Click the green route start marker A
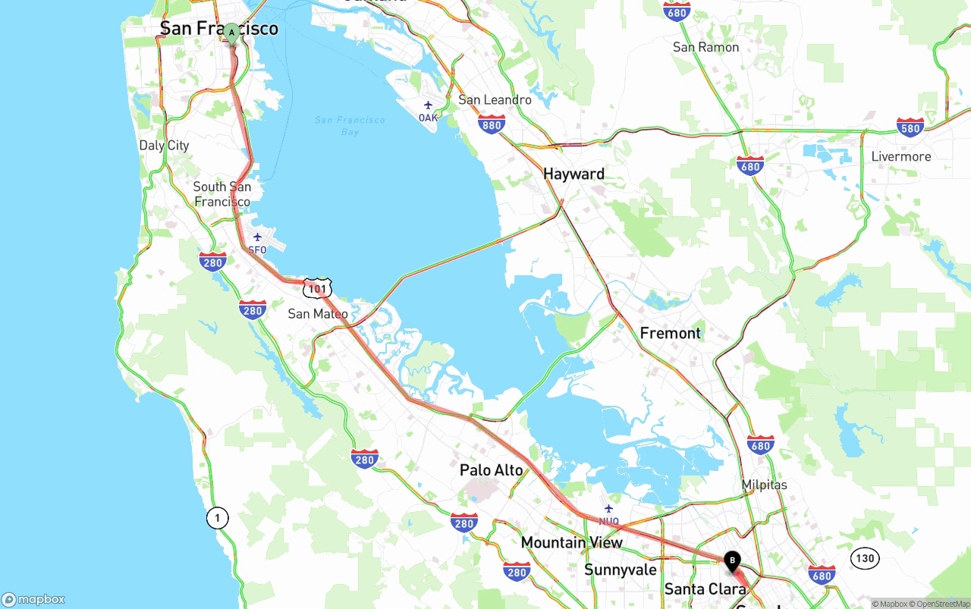tap(231, 33)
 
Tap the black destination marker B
tap(732, 560)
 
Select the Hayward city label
tap(573, 174)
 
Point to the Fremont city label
tap(670, 333)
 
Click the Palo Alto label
tap(491, 470)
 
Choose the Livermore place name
tap(900, 156)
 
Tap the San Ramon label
tap(705, 47)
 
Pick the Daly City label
tap(164, 145)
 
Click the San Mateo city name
tap(318, 313)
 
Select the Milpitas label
tap(764, 485)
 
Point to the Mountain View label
tap(571, 542)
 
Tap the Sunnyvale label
tap(620, 570)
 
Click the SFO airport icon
tap(257, 237)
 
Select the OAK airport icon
tap(428, 105)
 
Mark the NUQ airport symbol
tap(608, 509)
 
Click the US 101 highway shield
tap(317, 287)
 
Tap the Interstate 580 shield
tap(910, 127)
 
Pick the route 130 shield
tap(864, 559)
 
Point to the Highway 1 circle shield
tap(217, 518)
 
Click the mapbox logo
tap(33, 599)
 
